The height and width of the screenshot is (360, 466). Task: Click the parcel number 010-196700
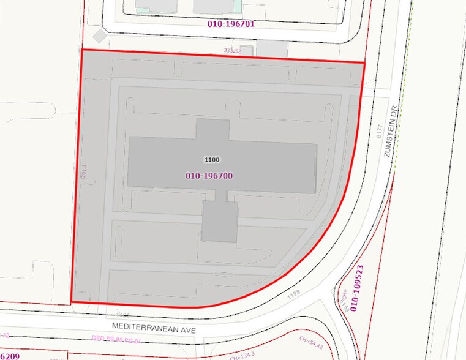point(209,176)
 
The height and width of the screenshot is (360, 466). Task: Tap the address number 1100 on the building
point(212,160)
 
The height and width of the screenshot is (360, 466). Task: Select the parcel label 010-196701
point(231,24)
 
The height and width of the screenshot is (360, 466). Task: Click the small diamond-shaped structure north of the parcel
point(99,36)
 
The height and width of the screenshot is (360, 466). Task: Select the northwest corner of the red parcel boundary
point(82,50)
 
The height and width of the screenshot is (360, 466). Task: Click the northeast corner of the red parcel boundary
point(364,62)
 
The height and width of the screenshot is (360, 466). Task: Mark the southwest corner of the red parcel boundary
point(72,302)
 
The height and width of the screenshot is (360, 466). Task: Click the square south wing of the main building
point(220,222)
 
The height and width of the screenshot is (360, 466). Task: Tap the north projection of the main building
point(212,129)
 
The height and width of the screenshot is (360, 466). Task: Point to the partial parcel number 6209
point(10,356)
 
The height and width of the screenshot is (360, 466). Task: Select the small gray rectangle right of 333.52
point(246,50)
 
